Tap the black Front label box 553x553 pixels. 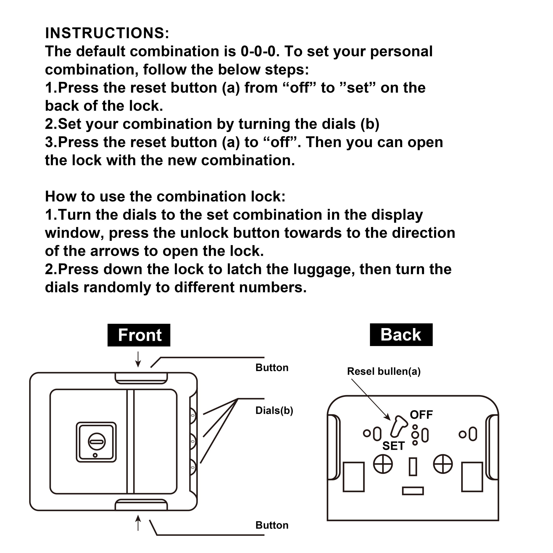[139, 335]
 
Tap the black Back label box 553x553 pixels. [401, 335]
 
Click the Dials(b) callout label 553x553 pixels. [274, 410]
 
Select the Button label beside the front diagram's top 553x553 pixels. [272, 367]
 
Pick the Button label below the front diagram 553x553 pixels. [272, 525]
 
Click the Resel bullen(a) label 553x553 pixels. [384, 371]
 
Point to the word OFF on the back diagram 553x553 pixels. [421, 415]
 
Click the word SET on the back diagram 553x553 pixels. [393, 446]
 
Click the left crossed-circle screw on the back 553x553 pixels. [383, 464]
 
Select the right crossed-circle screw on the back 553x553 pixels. [443, 464]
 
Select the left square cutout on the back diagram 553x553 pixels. [353, 477]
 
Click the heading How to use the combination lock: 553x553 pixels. [165, 197]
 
